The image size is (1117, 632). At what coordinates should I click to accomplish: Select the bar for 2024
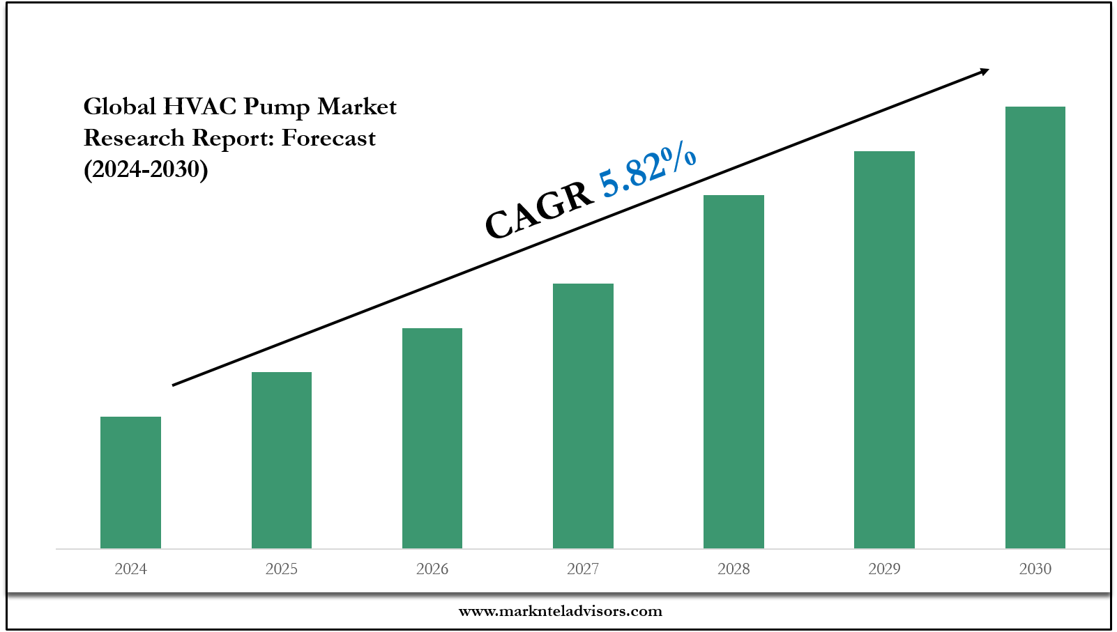click(130, 482)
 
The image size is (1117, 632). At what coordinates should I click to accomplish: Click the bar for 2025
click(282, 460)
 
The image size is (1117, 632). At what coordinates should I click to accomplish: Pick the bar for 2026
click(432, 438)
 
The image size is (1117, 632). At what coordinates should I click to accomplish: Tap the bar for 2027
click(583, 415)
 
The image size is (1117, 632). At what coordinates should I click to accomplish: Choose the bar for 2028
click(734, 371)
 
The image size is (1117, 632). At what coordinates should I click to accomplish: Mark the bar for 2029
click(884, 349)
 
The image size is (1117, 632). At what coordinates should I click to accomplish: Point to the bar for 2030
click(1035, 327)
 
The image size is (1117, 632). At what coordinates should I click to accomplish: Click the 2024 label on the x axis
click(130, 569)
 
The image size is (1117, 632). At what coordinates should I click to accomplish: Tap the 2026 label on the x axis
click(432, 569)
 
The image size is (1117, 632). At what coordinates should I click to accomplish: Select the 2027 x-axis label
click(583, 569)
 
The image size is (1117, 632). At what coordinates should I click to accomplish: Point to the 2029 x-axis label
click(884, 569)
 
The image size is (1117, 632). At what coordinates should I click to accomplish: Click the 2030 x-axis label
click(1035, 569)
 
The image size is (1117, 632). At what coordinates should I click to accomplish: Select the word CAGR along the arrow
click(538, 211)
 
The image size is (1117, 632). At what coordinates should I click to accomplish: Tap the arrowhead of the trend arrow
click(984, 70)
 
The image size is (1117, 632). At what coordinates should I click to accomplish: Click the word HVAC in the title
click(199, 107)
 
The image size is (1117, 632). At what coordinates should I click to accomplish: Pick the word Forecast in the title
click(328, 138)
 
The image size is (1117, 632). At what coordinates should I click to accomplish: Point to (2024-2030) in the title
click(146, 169)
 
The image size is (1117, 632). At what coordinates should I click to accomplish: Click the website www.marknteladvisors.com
click(560, 612)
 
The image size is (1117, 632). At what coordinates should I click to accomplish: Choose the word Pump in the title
click(276, 107)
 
